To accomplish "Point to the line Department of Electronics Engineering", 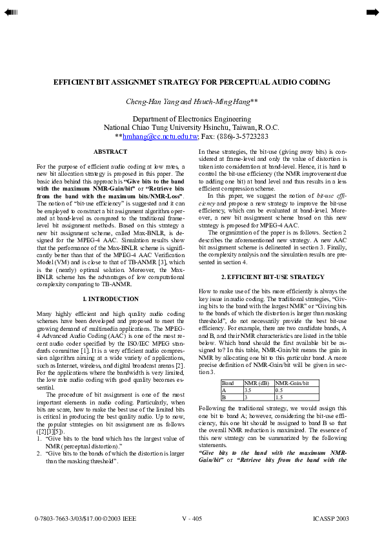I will [x=192, y=119].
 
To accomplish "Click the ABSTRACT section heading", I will [x=110, y=152].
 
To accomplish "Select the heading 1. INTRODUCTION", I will [x=110, y=299].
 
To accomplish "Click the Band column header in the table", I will [x=228, y=383].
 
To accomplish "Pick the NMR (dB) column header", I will [x=256, y=383].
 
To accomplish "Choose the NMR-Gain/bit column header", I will [x=288, y=383].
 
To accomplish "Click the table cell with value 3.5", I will [x=248, y=390].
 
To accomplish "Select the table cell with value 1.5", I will [x=279, y=397].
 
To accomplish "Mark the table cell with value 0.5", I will [x=279, y=390].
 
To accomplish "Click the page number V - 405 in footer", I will [x=192, y=518].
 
